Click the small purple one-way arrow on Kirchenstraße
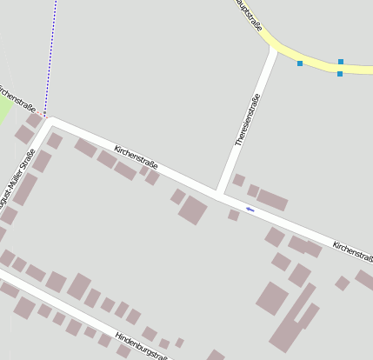click(250, 209)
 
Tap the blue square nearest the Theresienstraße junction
click(300, 63)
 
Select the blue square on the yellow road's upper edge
click(341, 62)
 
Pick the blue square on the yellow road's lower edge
click(339, 74)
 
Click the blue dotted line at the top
click(53, 52)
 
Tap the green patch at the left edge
click(4, 109)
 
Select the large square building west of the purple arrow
click(193, 210)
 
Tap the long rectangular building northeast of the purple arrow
click(272, 200)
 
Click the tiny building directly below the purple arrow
click(233, 215)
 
